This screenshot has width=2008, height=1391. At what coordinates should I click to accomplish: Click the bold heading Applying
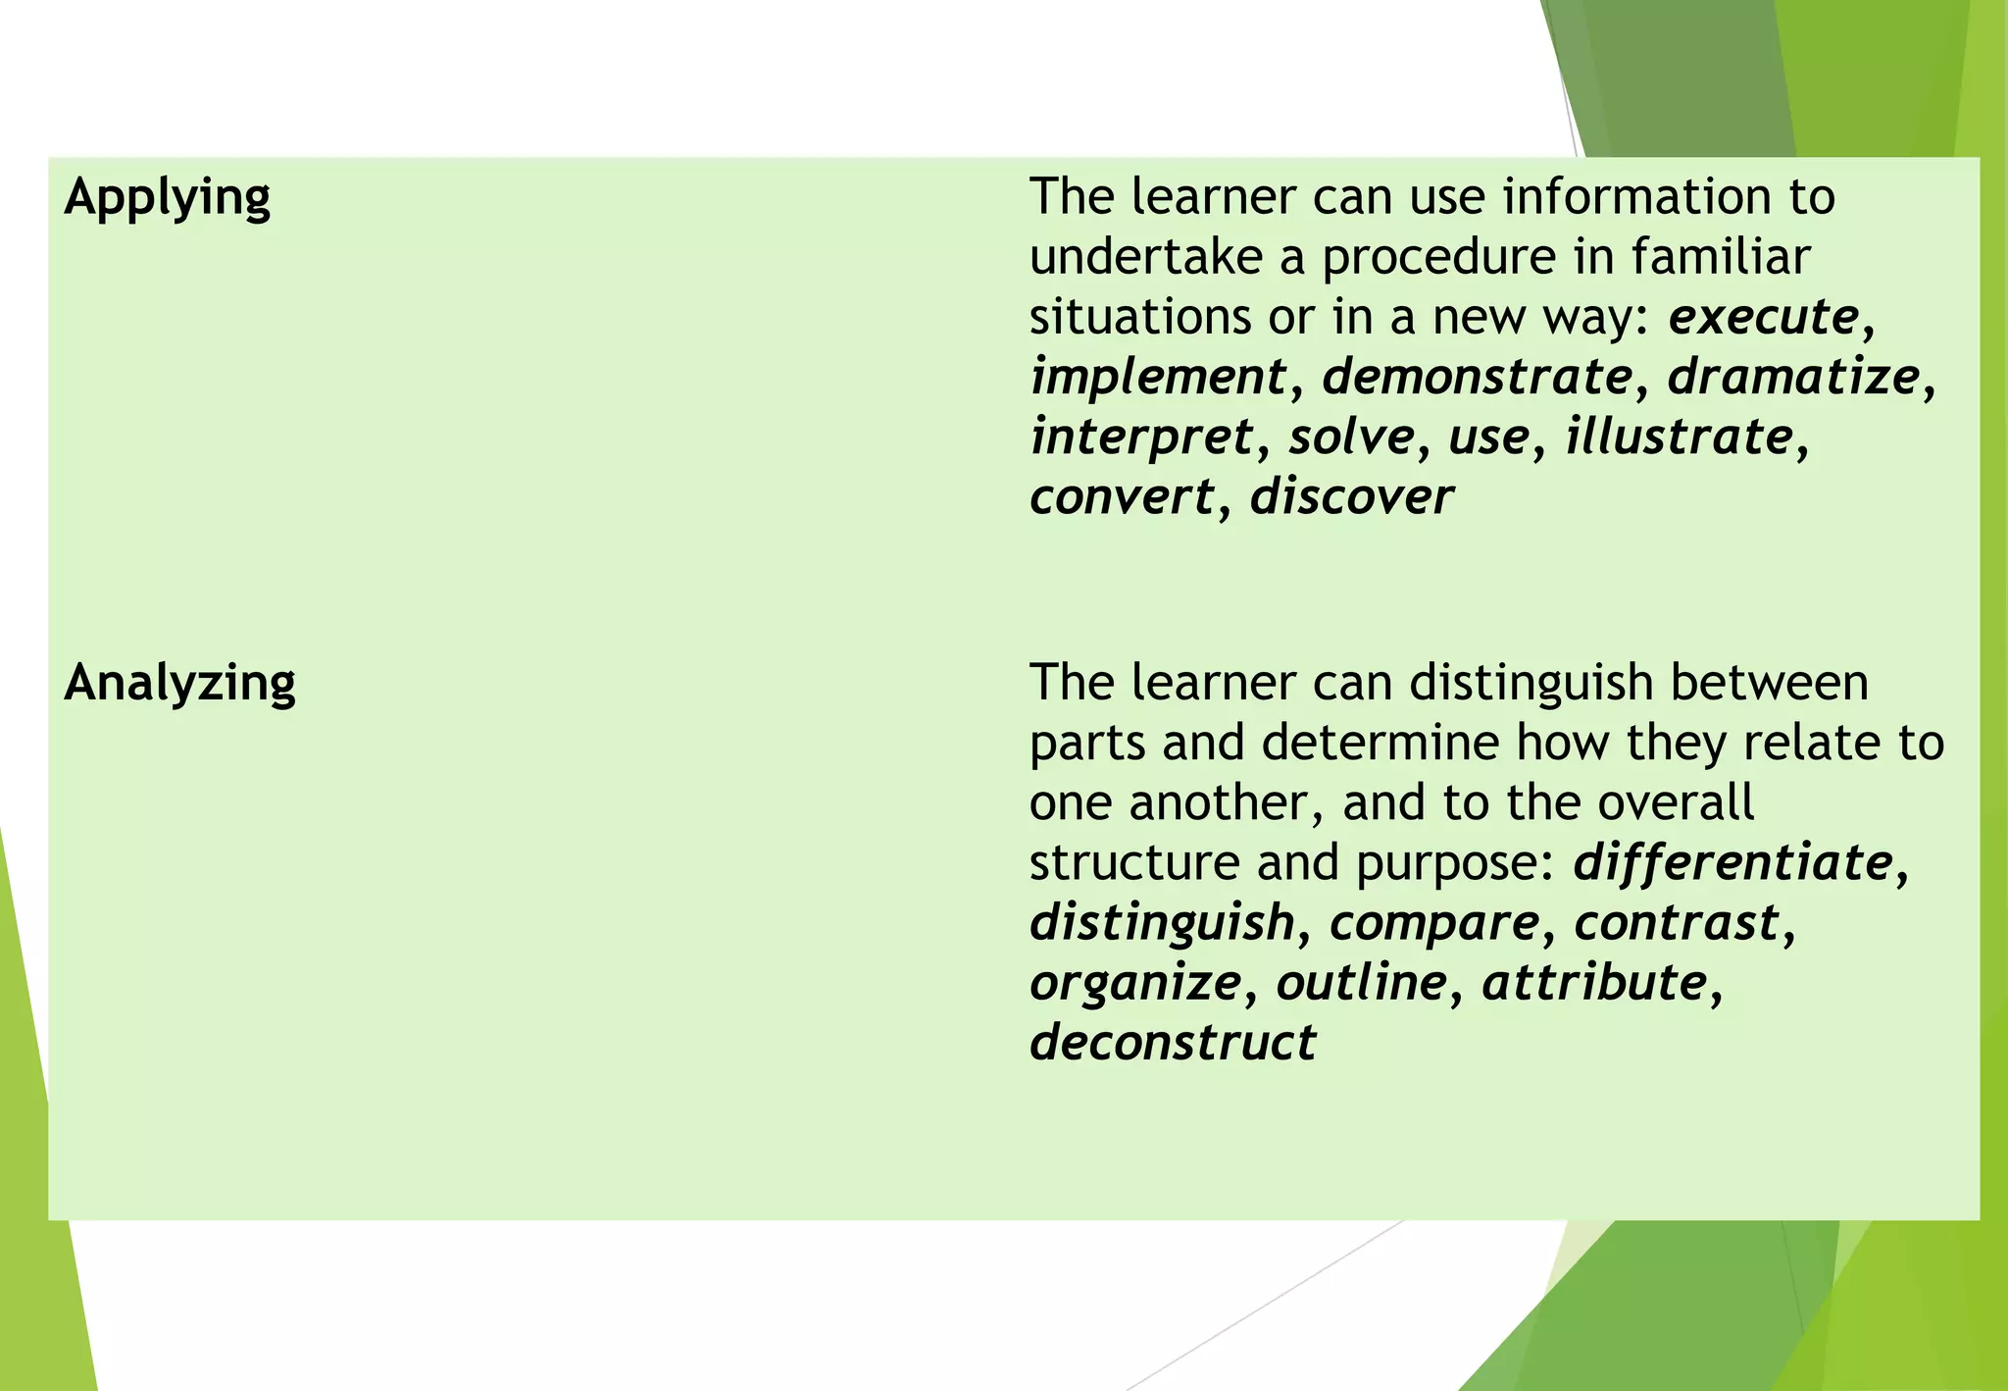(x=167, y=198)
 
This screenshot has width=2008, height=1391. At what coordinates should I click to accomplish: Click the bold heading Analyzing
(x=179, y=683)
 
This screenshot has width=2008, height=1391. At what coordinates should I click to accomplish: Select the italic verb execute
(x=1763, y=317)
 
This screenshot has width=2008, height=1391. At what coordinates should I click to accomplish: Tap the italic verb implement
(x=1158, y=378)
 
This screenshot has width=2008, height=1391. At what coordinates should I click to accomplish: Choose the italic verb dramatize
(x=1793, y=377)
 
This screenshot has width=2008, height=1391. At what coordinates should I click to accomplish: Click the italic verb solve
(x=1352, y=437)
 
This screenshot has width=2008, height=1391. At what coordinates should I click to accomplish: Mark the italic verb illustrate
(x=1680, y=437)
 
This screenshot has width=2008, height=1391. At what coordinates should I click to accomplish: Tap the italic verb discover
(x=1351, y=497)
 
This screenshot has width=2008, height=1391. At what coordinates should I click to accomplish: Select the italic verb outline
(x=1361, y=983)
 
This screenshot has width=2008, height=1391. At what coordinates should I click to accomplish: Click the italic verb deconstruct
(x=1173, y=1043)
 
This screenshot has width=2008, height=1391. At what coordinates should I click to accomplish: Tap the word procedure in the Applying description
(x=1438, y=258)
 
